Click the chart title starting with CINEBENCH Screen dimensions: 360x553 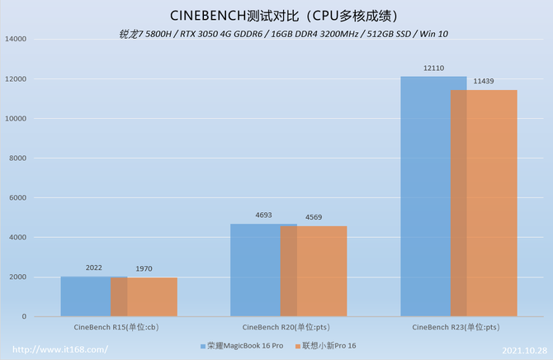pyautogui.click(x=276, y=15)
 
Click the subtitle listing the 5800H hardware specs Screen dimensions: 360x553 pyautogui.click(x=276, y=34)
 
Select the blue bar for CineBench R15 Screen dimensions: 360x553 pyautogui.click(x=86, y=296)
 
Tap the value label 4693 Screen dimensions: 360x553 pyautogui.click(x=263, y=216)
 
